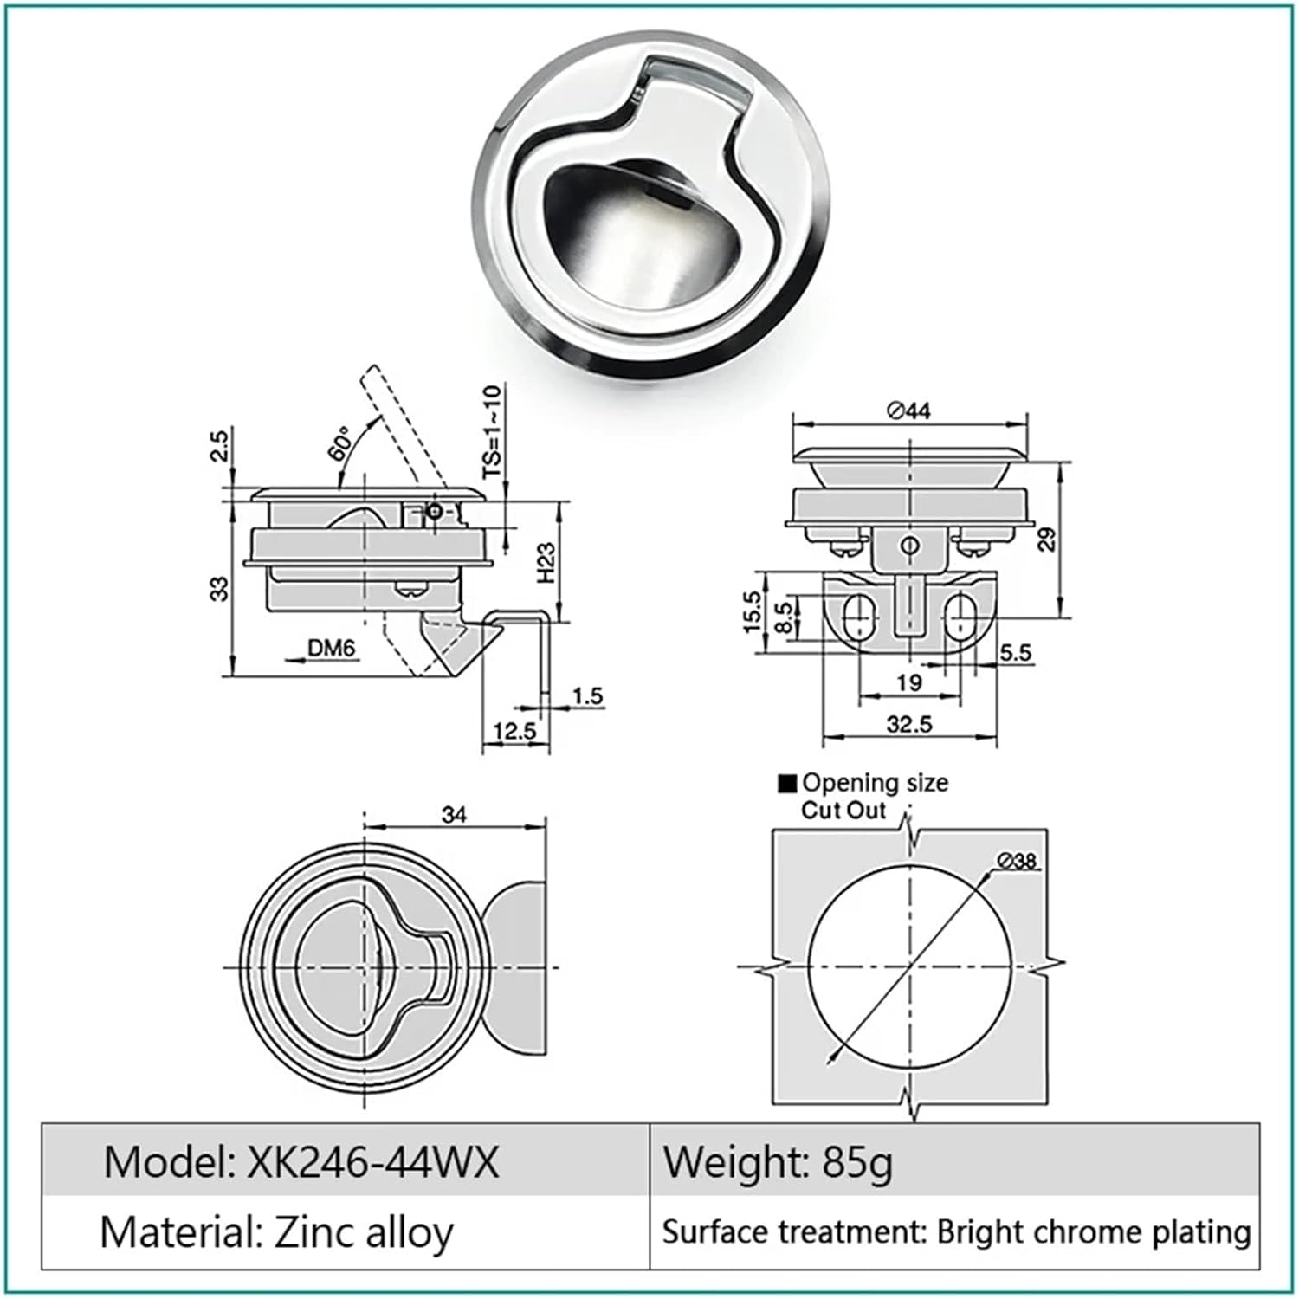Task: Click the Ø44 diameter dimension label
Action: (x=908, y=410)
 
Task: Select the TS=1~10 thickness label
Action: (x=492, y=432)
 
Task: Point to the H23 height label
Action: (x=545, y=563)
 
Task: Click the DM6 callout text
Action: (x=331, y=648)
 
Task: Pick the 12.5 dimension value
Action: (x=514, y=732)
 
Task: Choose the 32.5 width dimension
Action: (x=908, y=724)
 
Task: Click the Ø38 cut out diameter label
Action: (x=1016, y=860)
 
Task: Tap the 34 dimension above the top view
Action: (x=454, y=815)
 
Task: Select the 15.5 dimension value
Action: (x=752, y=611)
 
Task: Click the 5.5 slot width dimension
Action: (x=1015, y=652)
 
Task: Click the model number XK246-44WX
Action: (x=372, y=1162)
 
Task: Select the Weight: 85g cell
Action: (x=777, y=1162)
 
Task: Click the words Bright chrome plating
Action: (x=1094, y=1231)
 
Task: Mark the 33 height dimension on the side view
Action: (x=221, y=589)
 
